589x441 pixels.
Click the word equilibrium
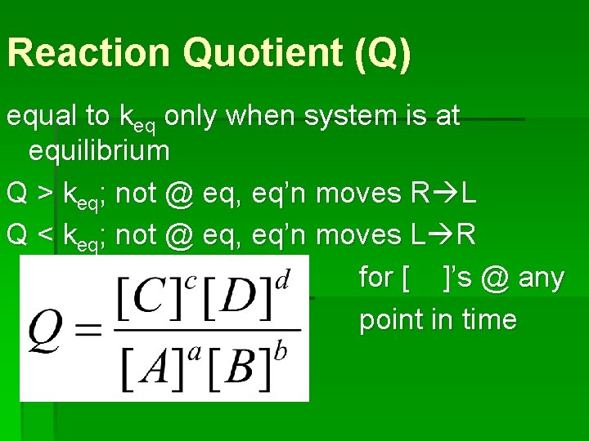coord(99,151)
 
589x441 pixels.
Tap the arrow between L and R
coord(439,236)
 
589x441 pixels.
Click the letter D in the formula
coord(241,301)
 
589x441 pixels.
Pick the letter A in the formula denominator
coord(153,368)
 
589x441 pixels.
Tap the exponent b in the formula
coord(281,351)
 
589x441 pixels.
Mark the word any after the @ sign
coord(541,278)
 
